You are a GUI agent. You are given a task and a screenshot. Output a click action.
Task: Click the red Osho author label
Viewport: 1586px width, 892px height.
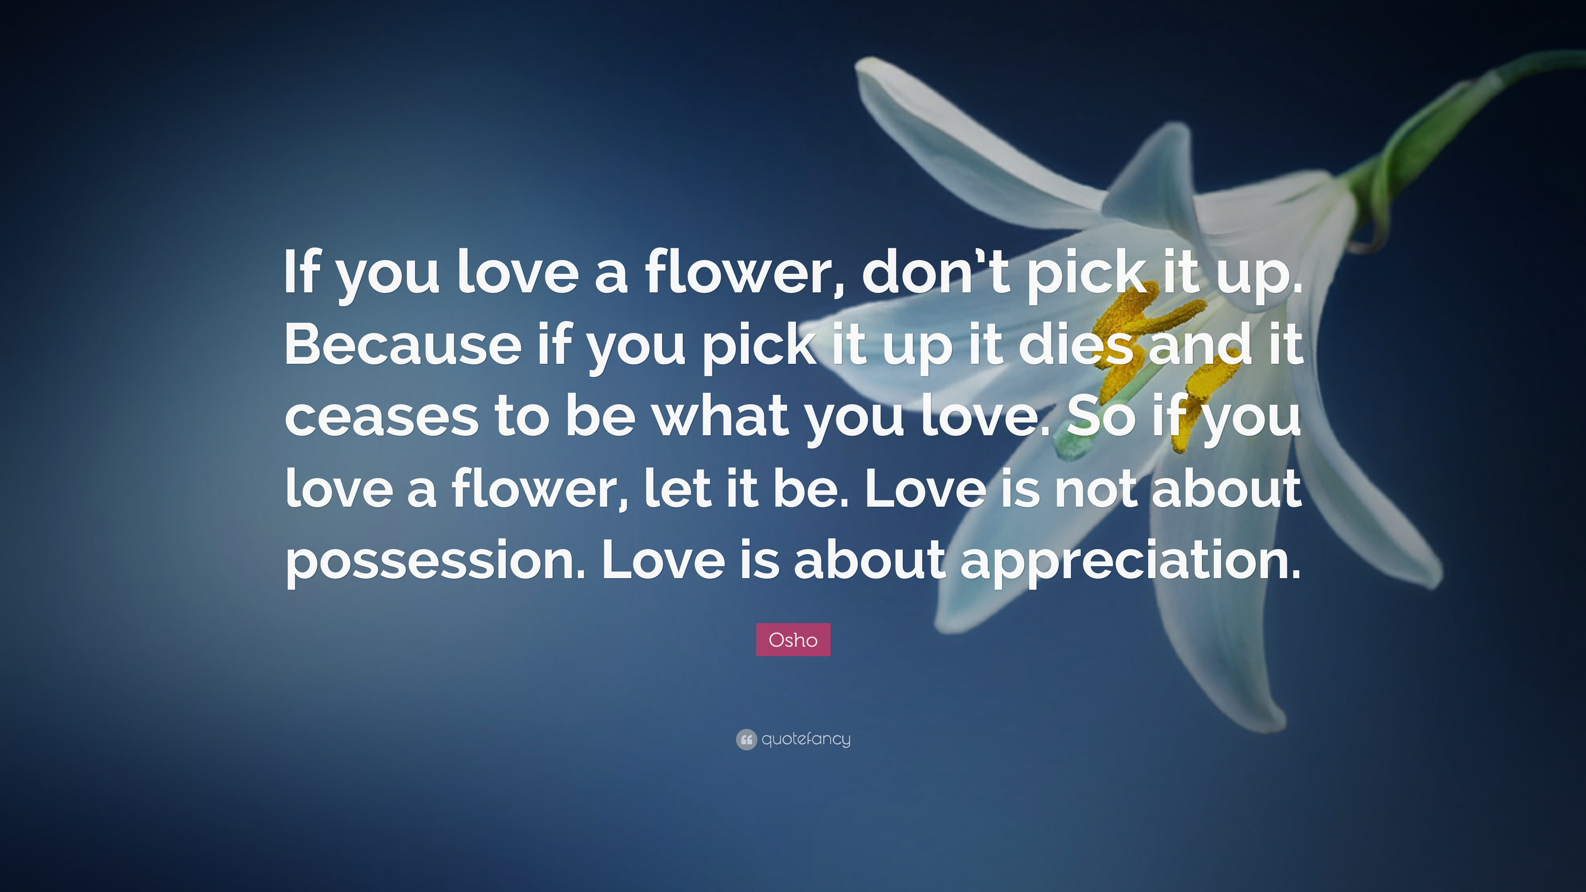click(793, 640)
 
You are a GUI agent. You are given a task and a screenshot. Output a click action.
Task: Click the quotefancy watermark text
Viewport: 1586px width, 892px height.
click(806, 739)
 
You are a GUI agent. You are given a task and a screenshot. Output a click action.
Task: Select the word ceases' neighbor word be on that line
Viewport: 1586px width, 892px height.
click(600, 416)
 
